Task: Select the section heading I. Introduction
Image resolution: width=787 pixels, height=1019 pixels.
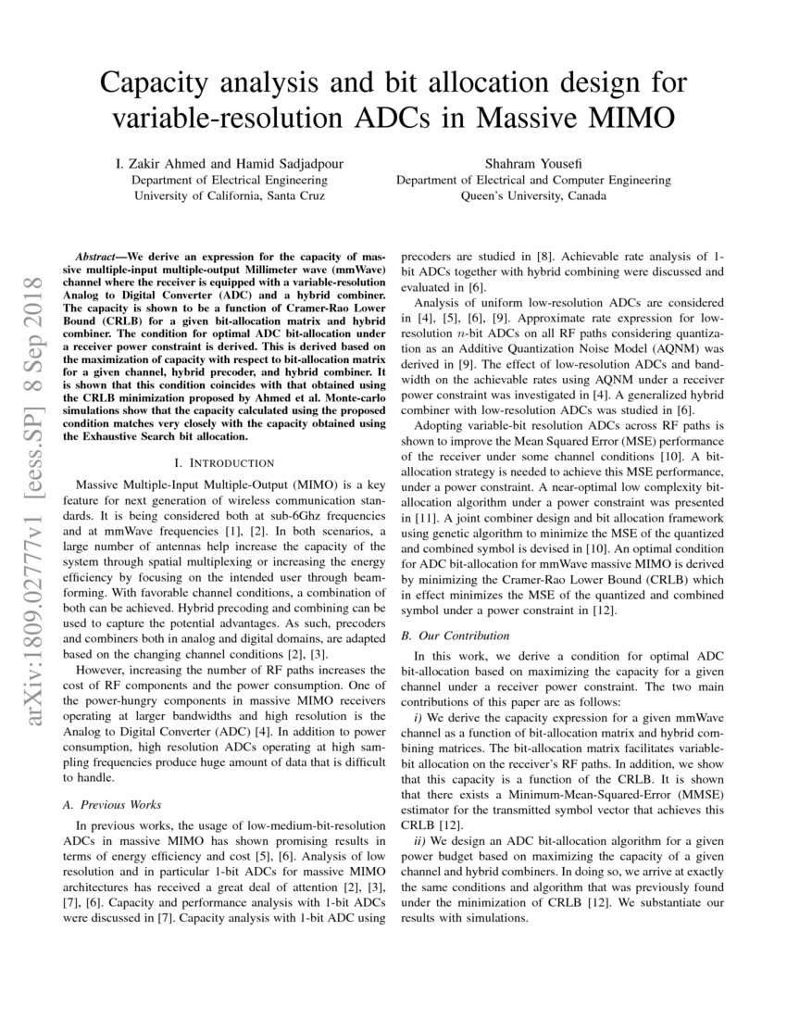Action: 225,462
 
